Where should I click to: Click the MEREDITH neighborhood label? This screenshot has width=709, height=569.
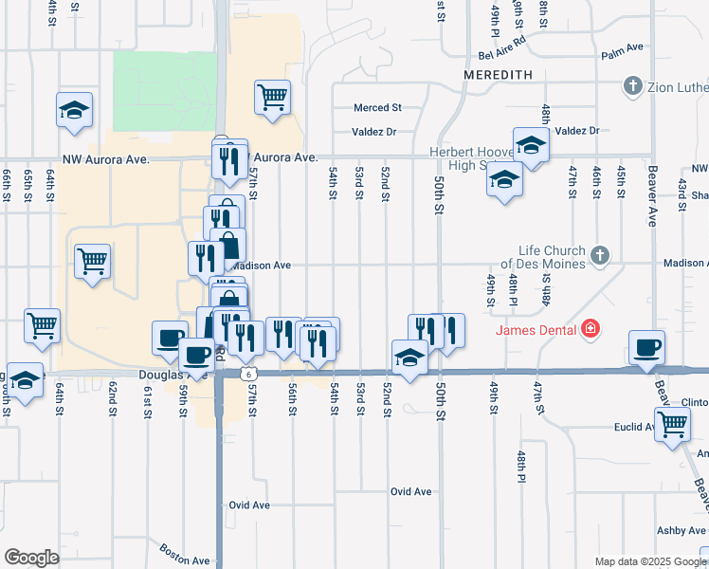(x=499, y=74)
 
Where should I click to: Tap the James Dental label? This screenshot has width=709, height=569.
(x=535, y=329)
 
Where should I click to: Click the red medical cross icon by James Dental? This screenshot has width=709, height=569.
(x=591, y=329)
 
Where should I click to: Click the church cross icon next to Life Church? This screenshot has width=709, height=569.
(x=598, y=255)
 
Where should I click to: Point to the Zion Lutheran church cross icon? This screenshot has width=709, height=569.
(x=632, y=87)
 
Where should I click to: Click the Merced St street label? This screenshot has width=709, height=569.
(x=378, y=108)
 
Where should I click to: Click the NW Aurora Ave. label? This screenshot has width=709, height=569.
(x=106, y=160)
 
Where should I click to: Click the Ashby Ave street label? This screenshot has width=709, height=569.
(x=682, y=530)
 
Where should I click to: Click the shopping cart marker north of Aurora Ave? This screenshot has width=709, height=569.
(x=272, y=96)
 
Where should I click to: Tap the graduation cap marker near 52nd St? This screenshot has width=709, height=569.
(x=409, y=358)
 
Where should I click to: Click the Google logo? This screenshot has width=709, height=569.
(x=31, y=558)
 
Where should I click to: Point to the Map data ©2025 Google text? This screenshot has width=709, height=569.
(x=650, y=561)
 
